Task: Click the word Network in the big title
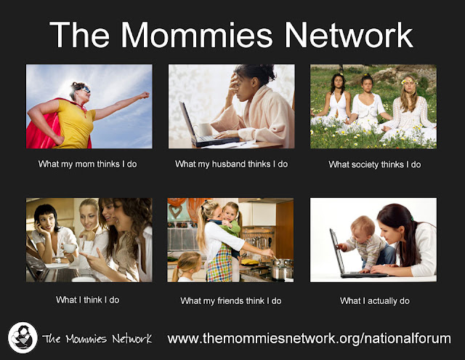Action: (x=349, y=35)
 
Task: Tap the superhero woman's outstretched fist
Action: (x=145, y=95)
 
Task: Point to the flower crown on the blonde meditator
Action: (x=409, y=81)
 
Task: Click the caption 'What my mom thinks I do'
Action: (x=87, y=164)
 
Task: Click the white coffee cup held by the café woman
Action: (x=69, y=248)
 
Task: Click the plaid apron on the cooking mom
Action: (x=219, y=263)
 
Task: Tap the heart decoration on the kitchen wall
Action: (x=175, y=211)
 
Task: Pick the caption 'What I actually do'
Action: (x=375, y=301)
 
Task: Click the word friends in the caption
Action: (x=230, y=301)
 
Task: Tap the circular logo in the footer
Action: (x=23, y=337)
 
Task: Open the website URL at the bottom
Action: (x=309, y=339)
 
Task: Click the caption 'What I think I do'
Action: (x=87, y=300)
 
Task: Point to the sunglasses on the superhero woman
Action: (x=85, y=89)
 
